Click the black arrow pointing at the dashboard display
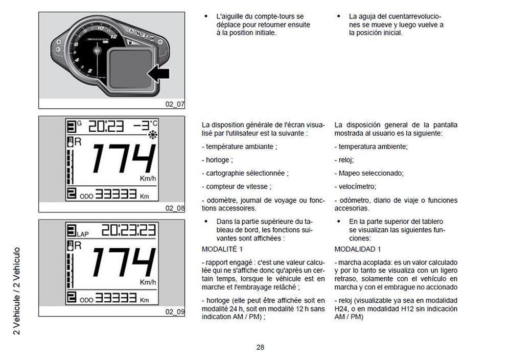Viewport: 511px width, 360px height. [x=158, y=75]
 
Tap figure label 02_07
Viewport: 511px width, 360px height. [x=174, y=104]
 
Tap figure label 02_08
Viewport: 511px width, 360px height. [x=174, y=208]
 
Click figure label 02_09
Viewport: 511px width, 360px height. [x=174, y=311]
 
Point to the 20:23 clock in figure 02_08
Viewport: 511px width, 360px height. [x=107, y=126]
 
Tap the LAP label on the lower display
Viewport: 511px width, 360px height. [x=82, y=234]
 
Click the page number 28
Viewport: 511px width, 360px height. [x=260, y=348]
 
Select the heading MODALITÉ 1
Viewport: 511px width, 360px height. [x=222, y=249]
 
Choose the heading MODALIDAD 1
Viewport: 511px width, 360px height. [x=357, y=249]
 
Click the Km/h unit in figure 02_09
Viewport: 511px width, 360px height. [x=148, y=282]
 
